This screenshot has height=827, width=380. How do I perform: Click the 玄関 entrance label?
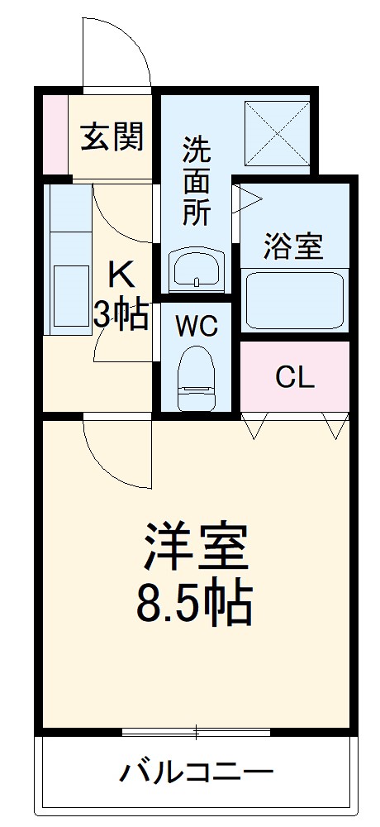[x=112, y=136]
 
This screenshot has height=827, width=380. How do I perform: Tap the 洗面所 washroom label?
[x=196, y=180]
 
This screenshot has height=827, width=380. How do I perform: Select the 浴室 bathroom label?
[x=292, y=246]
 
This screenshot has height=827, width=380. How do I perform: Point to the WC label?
[x=197, y=327]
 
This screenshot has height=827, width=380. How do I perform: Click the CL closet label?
[x=294, y=378]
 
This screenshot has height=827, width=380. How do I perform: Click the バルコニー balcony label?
[x=196, y=773]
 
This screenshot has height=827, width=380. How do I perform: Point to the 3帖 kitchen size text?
[x=121, y=315]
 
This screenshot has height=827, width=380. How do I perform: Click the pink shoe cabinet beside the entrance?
[x=55, y=134]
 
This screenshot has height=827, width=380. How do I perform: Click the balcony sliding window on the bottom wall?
[x=196, y=731]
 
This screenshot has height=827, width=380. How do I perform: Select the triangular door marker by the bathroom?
[x=249, y=197]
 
